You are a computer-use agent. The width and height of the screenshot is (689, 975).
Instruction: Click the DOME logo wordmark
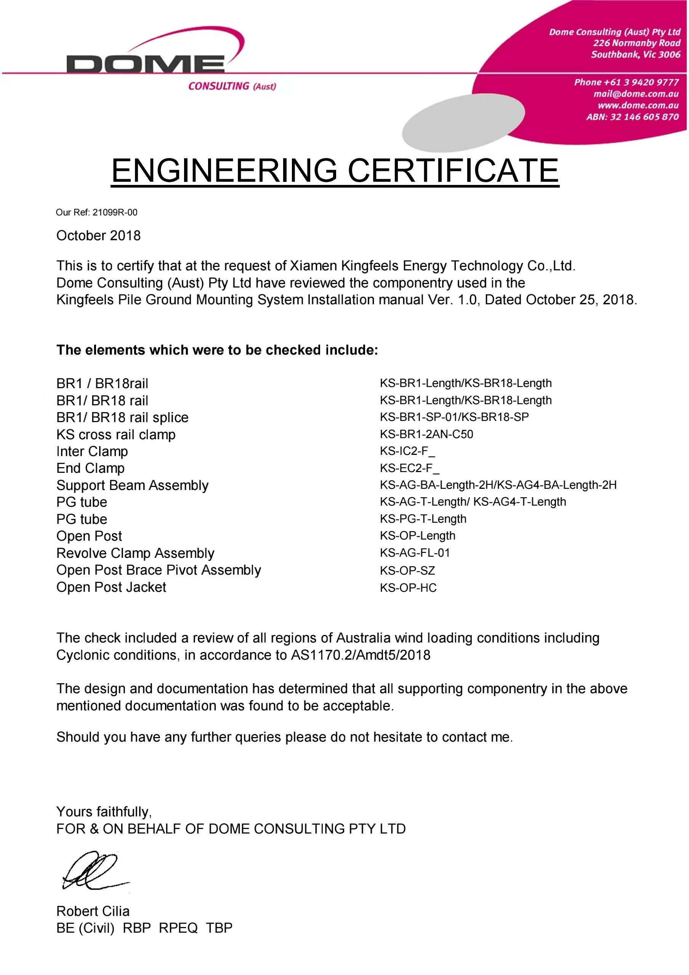click(x=145, y=64)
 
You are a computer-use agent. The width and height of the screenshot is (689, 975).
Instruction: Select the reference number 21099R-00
click(x=115, y=212)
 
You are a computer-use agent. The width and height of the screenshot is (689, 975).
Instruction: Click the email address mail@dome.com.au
click(x=636, y=94)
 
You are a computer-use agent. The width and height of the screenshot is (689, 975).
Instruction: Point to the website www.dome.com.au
click(x=638, y=105)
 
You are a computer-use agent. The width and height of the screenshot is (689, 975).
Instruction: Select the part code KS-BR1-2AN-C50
click(x=426, y=434)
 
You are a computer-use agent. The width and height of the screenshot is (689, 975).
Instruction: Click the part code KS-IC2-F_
click(x=407, y=451)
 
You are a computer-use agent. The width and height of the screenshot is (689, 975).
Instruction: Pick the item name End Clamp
click(x=90, y=468)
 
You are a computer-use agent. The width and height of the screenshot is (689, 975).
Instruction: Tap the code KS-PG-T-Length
click(x=423, y=519)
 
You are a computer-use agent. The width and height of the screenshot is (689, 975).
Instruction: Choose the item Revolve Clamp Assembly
click(x=135, y=553)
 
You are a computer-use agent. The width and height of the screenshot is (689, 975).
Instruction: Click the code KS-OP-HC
click(x=408, y=588)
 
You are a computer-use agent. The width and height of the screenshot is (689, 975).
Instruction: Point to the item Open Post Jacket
click(x=111, y=587)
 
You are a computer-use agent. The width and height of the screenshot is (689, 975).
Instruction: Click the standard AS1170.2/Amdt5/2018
click(x=361, y=655)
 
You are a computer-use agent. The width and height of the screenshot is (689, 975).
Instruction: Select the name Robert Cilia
click(x=93, y=911)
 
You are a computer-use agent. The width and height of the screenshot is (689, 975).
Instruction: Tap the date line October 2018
click(x=98, y=236)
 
